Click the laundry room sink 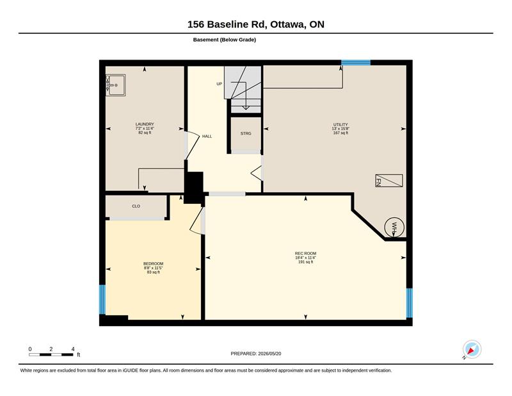(116, 85)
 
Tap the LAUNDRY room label (145, 124)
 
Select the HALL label (207, 136)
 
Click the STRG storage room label (246, 133)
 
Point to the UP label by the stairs (219, 84)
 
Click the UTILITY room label (340, 124)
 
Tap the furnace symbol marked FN (389, 181)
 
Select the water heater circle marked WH (394, 227)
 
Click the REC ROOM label (306, 253)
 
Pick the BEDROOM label (153, 263)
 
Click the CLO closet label (136, 206)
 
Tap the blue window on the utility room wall (356, 62)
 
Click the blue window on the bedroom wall (102, 299)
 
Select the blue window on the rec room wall (409, 303)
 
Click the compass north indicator (472, 350)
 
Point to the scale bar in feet (51, 354)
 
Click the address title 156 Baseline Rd (256, 24)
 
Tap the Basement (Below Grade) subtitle (225, 40)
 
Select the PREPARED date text (256, 354)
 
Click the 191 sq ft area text (306, 262)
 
